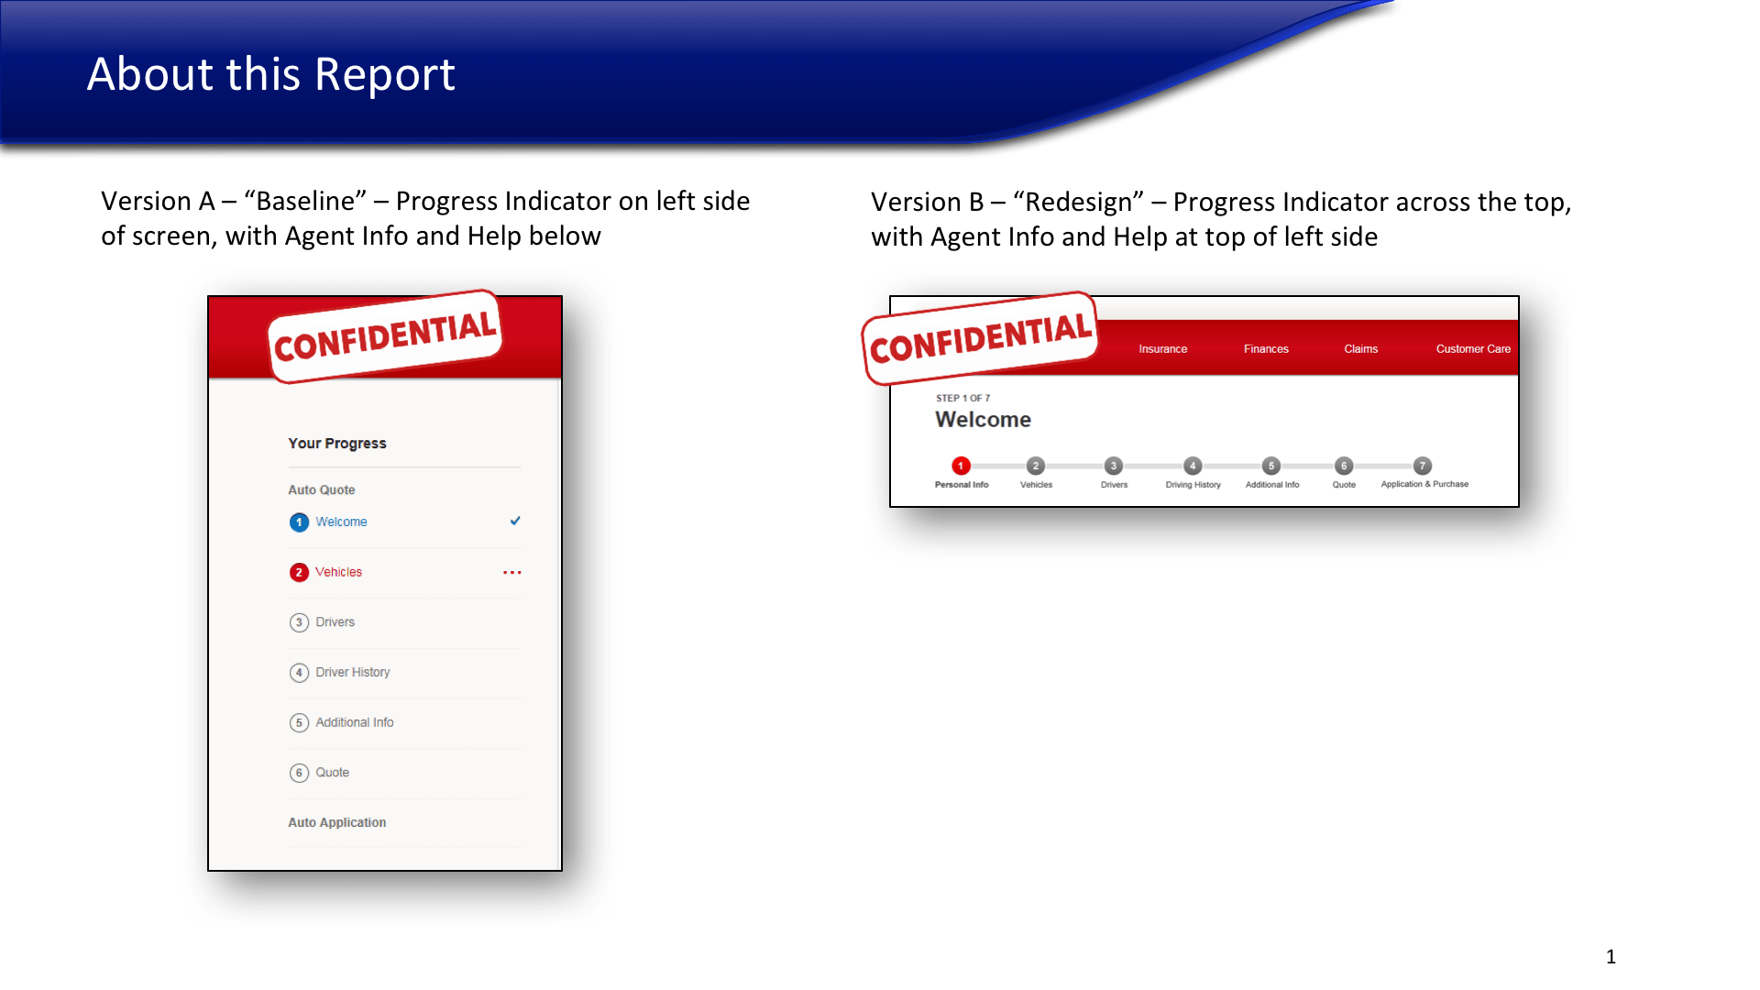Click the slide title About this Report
point(271,74)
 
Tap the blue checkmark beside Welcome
point(515,521)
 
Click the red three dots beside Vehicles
point(512,573)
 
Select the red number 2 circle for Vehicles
point(299,572)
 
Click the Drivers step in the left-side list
point(335,621)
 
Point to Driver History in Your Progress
point(353,672)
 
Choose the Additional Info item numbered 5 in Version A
point(355,722)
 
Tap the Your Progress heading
point(337,444)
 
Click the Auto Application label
point(337,822)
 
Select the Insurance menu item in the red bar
point(1163,349)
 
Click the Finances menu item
point(1266,349)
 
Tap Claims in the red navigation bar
point(1361,349)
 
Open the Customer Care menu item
point(1473,349)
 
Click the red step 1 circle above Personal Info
point(961,466)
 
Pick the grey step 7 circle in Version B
point(1422,466)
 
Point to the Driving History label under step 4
point(1193,485)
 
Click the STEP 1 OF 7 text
point(962,398)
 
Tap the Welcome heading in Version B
point(983,420)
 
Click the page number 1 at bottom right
point(1611,957)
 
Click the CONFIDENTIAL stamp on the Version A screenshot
point(385,336)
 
